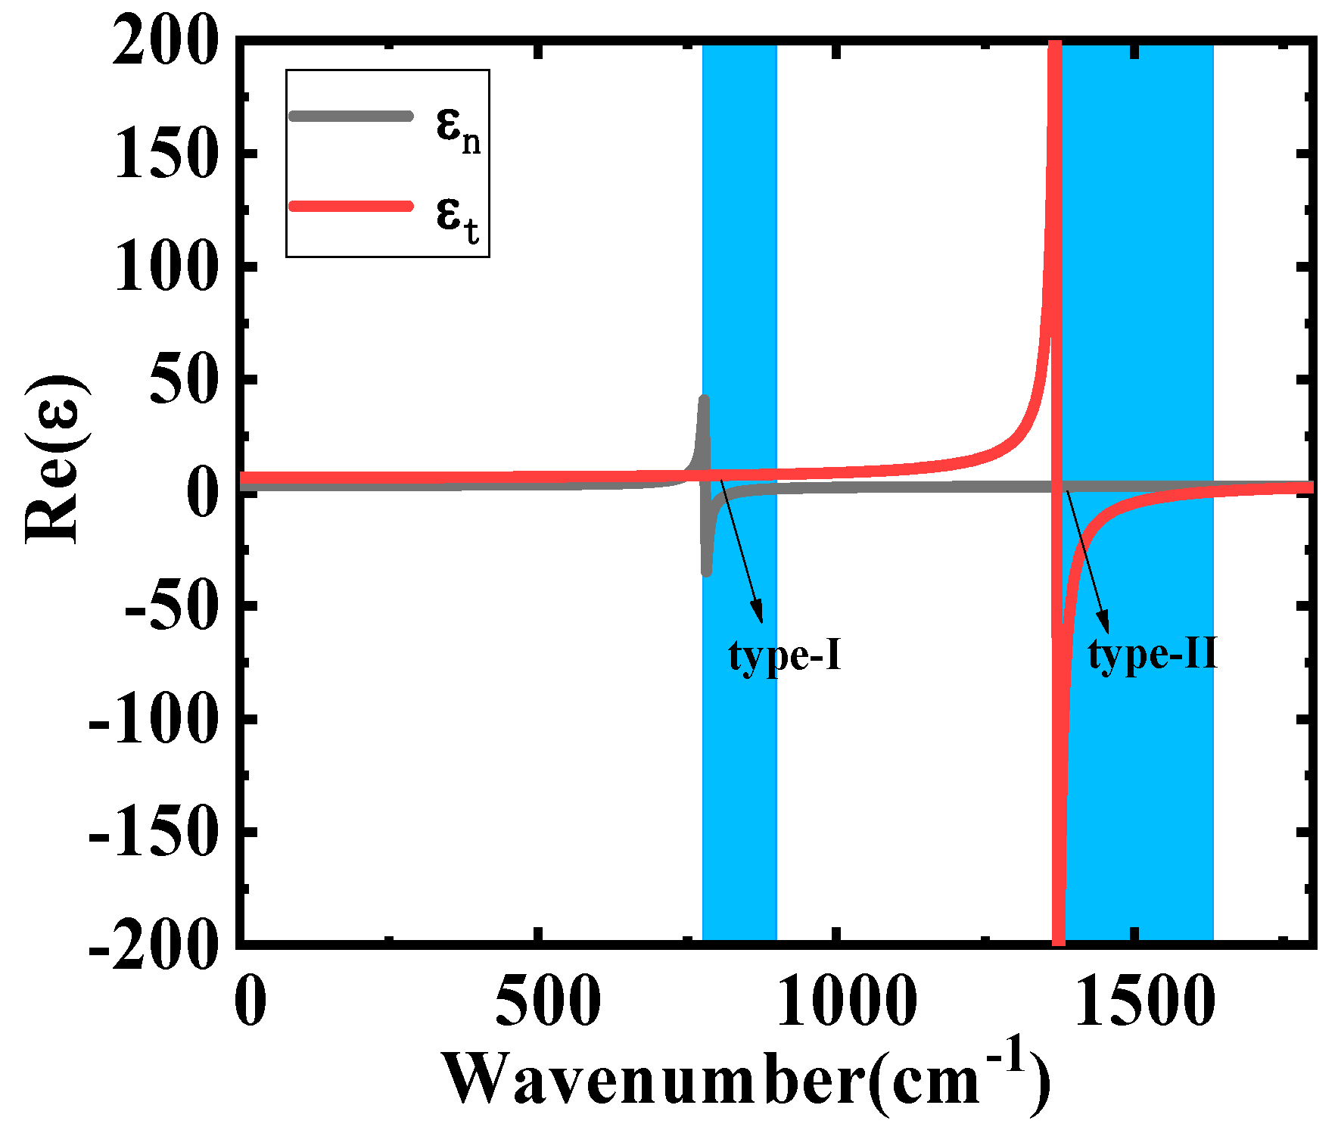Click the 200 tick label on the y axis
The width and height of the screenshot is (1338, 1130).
point(166,41)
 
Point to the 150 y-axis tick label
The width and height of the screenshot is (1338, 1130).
point(166,154)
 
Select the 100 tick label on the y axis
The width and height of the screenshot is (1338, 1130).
point(166,266)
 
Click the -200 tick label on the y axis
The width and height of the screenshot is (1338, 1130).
point(154,945)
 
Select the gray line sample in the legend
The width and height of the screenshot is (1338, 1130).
point(351,116)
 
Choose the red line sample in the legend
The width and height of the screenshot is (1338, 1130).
point(351,206)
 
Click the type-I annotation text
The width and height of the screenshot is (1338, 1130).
point(785,655)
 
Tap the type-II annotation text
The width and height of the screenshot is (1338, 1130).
point(1153,653)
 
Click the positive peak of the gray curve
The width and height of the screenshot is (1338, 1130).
point(705,399)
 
